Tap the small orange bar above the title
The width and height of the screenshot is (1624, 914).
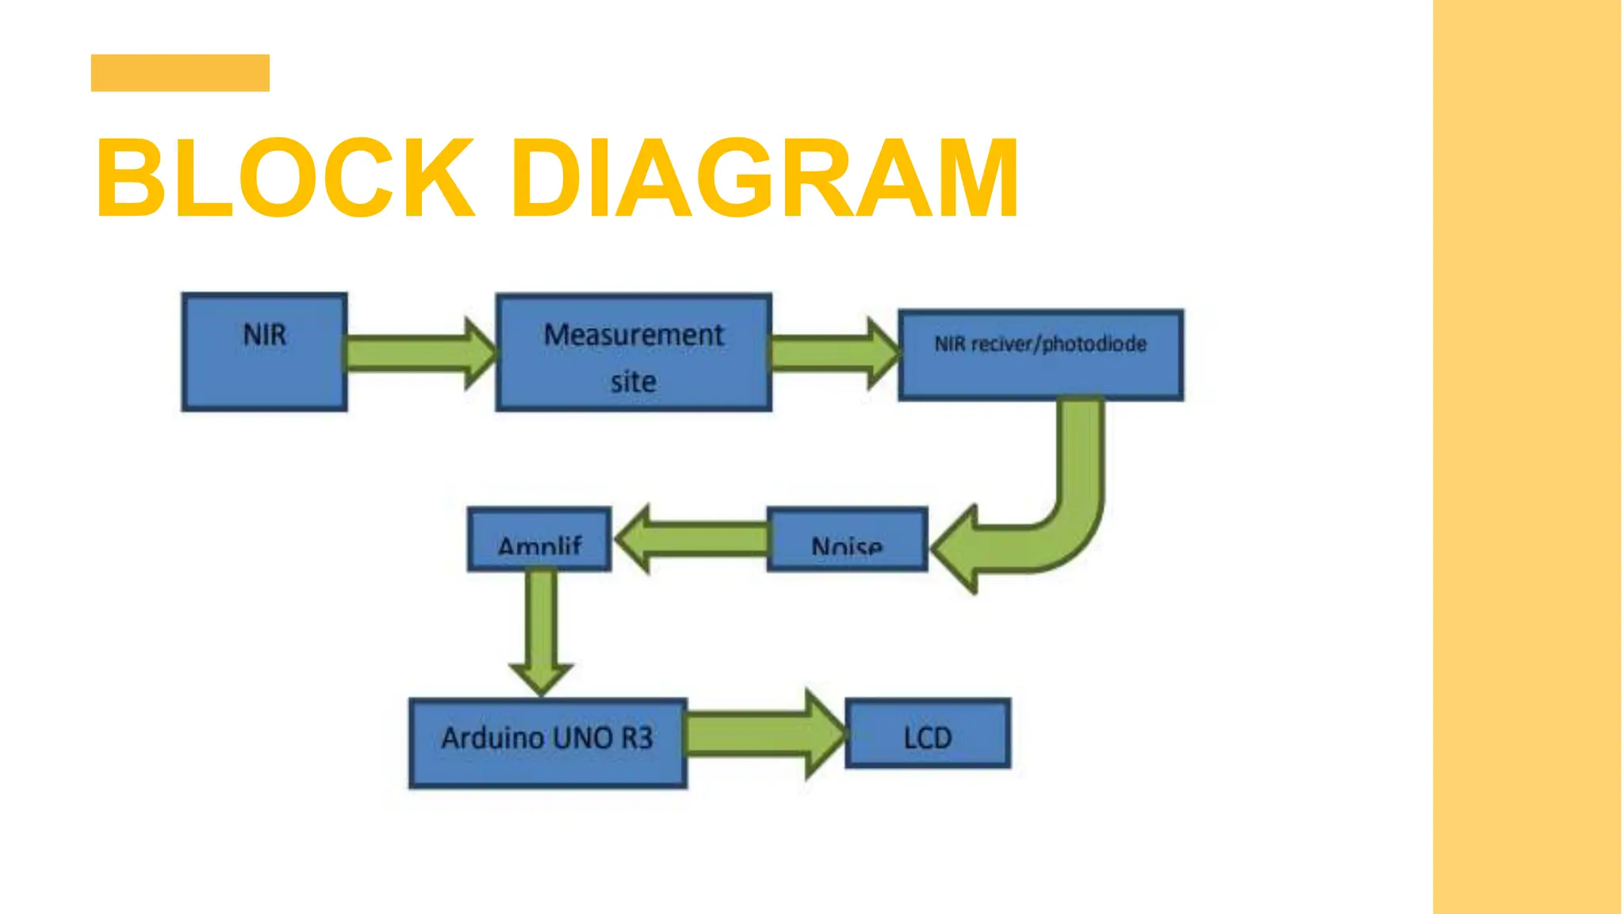click(x=180, y=73)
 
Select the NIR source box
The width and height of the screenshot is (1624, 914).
click(x=264, y=352)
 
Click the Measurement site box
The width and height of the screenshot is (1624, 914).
click(x=634, y=353)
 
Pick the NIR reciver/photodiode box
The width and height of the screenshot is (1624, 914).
click(x=1040, y=355)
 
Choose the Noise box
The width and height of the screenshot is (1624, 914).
click(x=847, y=540)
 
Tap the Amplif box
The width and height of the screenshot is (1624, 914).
click(x=539, y=540)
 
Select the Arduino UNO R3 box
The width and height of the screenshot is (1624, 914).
click(x=547, y=743)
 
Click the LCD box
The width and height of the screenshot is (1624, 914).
click(x=928, y=734)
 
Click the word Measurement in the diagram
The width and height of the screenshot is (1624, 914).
click(x=634, y=335)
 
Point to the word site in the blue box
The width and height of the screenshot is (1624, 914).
click(x=633, y=382)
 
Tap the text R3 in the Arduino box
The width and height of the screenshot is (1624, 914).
click(x=637, y=739)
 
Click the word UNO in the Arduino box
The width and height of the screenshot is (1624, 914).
click(x=583, y=739)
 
